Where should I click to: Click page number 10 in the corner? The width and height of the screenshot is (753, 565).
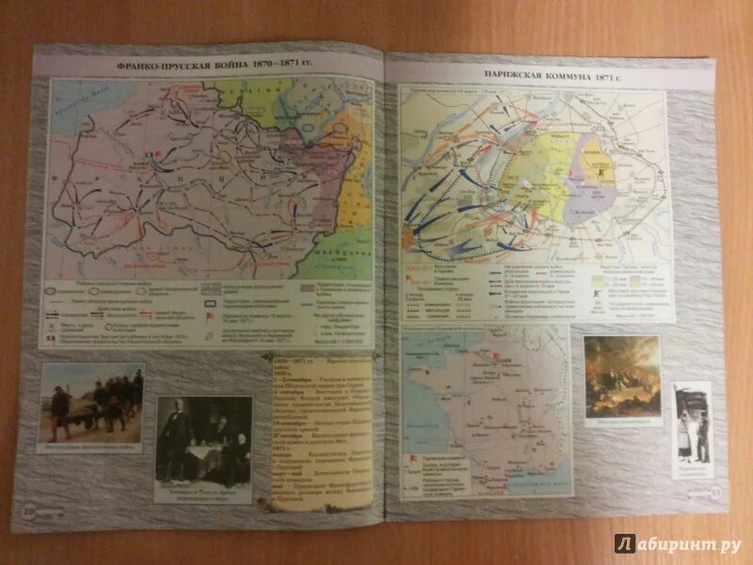click(x=26, y=511)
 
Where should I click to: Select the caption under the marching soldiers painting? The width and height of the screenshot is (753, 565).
click(x=91, y=447)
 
